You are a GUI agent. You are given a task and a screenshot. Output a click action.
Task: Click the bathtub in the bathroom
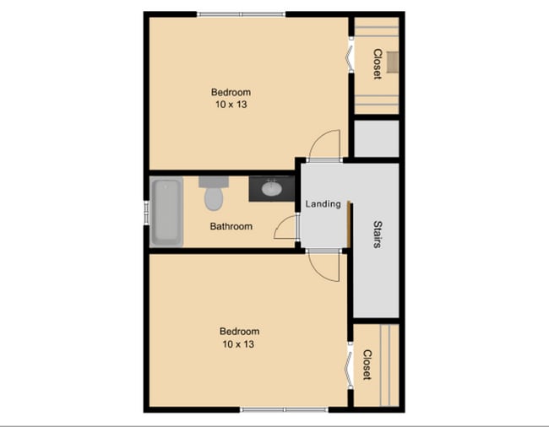[166, 213]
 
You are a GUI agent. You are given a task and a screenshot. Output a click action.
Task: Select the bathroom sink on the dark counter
[273, 189]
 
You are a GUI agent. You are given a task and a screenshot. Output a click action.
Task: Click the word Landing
[323, 203]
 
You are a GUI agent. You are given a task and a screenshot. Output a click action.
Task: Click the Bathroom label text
[231, 226]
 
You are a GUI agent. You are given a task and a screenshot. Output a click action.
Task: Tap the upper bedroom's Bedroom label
[231, 92]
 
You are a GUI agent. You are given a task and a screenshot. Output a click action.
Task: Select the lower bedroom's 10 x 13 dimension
[239, 344]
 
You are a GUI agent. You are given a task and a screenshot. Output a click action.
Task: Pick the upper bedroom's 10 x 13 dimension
[231, 105]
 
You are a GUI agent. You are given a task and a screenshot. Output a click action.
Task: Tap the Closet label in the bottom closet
[367, 365]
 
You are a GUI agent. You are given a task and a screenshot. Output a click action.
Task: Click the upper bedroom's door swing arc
[325, 143]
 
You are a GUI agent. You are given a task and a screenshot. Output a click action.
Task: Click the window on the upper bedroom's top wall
[241, 14]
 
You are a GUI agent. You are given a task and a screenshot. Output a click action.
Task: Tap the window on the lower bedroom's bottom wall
[283, 410]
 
